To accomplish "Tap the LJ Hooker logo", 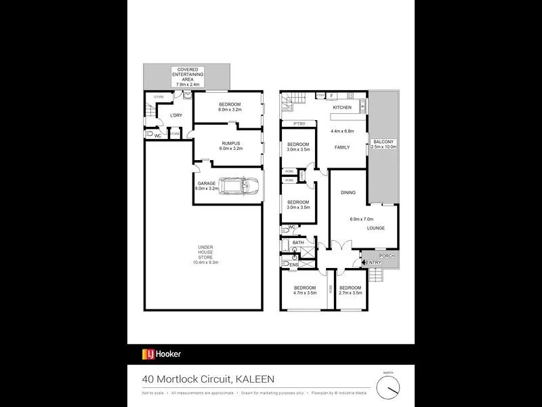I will [161, 354].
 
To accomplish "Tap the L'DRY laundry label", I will [176, 115].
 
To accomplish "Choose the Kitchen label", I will [341, 108].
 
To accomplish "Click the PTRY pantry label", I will [299, 124].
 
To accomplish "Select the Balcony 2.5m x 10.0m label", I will [383, 144].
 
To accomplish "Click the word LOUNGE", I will [376, 228].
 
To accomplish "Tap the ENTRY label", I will [373, 263].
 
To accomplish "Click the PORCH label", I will [387, 256].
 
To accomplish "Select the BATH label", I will [299, 242].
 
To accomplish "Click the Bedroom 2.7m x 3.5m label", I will [350, 290].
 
